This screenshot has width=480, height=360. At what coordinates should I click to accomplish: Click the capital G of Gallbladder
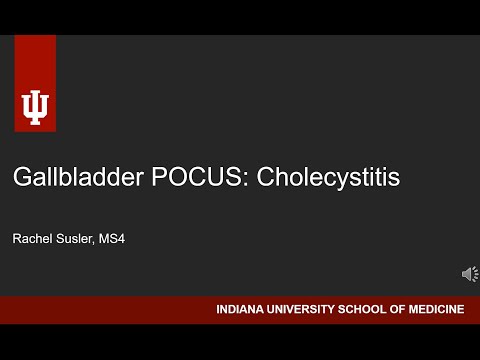point(22,178)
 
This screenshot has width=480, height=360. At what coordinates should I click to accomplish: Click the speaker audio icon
point(469,273)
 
